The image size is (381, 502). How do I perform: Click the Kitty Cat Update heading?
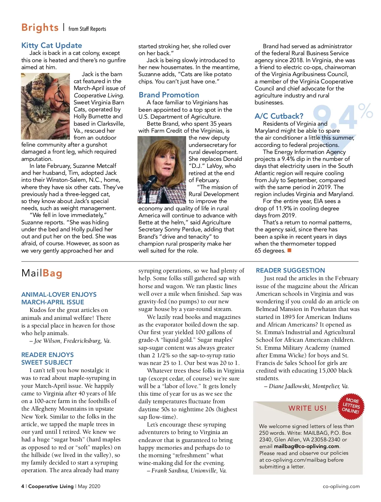[x=51, y=45]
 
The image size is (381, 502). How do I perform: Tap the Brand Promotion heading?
[x=169, y=95]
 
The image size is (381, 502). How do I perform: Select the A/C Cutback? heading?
[x=279, y=116]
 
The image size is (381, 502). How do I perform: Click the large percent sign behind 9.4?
[x=365, y=111]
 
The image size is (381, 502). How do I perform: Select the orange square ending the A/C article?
[x=289, y=250]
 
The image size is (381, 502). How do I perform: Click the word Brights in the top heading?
[x=40, y=28]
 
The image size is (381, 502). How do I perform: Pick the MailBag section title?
[x=42, y=273]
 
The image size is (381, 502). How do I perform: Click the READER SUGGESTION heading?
[x=290, y=270]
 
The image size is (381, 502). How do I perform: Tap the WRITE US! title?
[x=307, y=408]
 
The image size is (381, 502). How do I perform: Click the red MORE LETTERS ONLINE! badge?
[x=351, y=406]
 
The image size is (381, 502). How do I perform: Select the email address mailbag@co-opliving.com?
[x=307, y=446]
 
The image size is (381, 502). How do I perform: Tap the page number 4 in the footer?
[x=23, y=486]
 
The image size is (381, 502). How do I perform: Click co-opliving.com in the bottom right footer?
[x=341, y=486]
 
